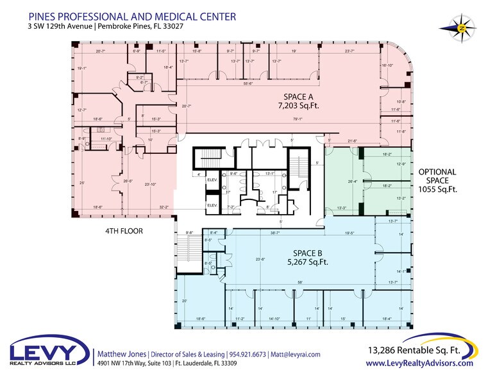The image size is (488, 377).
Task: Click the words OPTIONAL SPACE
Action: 437,176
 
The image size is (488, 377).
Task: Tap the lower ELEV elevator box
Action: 212,205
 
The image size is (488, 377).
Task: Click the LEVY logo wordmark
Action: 49,353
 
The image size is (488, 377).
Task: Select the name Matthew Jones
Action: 121,354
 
